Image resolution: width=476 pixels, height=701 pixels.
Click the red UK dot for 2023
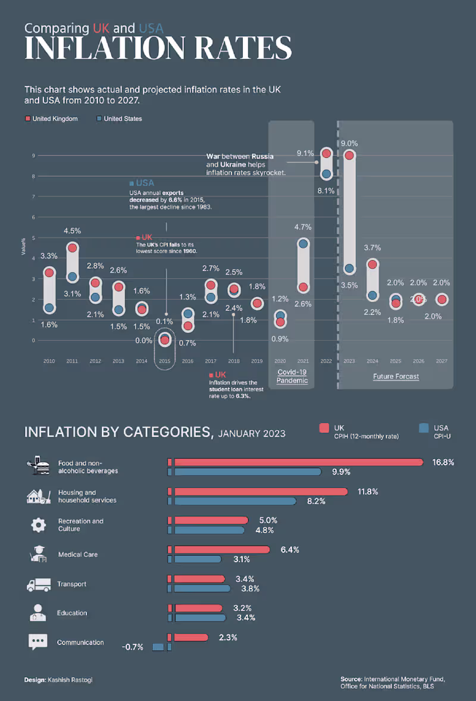pyautogui.click(x=349, y=155)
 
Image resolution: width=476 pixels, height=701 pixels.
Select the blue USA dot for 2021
pyautogui.click(x=303, y=244)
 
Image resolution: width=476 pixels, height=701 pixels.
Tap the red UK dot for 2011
pyautogui.click(x=72, y=248)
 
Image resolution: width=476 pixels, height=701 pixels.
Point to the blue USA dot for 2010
pyautogui.click(x=49, y=308)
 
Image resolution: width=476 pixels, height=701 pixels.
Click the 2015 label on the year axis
pyautogui.click(x=165, y=361)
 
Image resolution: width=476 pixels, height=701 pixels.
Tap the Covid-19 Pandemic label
pyautogui.click(x=292, y=376)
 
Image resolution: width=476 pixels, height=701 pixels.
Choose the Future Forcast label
pyautogui.click(x=396, y=376)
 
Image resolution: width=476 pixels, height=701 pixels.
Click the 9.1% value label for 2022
pyautogui.click(x=305, y=153)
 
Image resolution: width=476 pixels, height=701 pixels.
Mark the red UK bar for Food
pyautogui.click(x=297, y=462)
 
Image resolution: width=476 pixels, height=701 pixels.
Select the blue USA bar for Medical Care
pyautogui.click(x=196, y=559)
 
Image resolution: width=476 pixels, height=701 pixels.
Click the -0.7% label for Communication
pyautogui.click(x=133, y=647)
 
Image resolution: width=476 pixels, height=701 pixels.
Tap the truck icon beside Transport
pyautogui.click(x=39, y=584)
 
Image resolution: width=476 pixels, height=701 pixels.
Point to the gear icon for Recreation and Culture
pyautogui.click(x=38, y=525)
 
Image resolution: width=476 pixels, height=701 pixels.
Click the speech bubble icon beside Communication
pyautogui.click(x=38, y=642)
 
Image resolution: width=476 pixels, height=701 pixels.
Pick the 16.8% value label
pyautogui.click(x=443, y=462)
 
